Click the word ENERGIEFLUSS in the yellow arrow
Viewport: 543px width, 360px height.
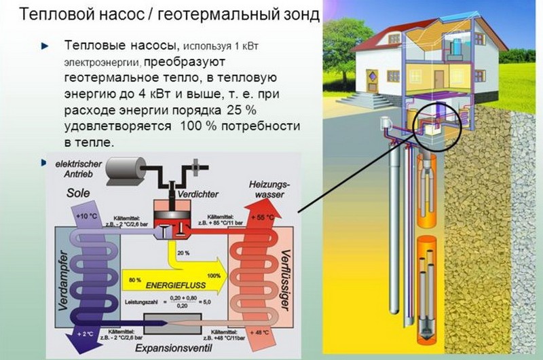point(160,279)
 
